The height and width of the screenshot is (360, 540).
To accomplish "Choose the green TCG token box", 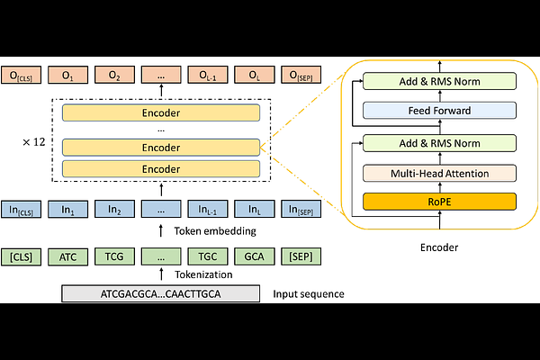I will [113, 256].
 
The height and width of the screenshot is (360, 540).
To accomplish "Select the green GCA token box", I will [254, 256].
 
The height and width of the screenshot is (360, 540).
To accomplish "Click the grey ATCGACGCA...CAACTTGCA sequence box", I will [161, 293].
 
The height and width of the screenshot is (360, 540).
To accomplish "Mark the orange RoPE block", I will [439, 201].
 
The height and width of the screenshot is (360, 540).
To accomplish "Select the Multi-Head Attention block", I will [439, 172].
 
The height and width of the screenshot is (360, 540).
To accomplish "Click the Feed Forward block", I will [439, 111].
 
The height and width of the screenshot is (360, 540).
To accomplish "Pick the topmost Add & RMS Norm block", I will [439, 82].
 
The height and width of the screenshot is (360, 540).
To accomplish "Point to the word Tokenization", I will [202, 274].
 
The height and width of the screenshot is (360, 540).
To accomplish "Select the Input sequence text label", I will [308, 294].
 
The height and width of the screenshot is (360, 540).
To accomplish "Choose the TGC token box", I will [207, 256].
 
